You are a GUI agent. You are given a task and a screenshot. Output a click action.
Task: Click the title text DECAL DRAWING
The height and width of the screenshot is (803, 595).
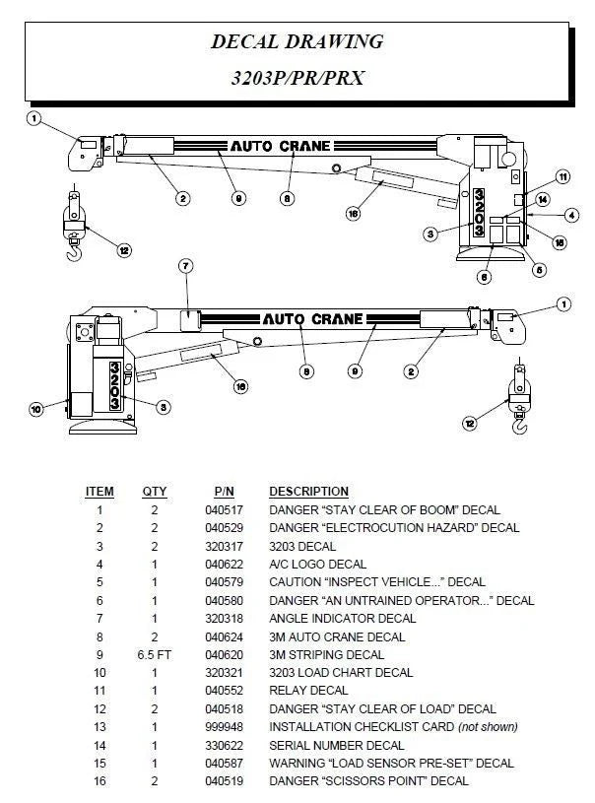click(x=297, y=41)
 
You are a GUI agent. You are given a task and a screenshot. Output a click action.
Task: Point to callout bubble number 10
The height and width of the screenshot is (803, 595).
click(x=36, y=408)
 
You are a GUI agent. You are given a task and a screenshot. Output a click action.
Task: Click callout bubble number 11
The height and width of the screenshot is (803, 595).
click(x=562, y=177)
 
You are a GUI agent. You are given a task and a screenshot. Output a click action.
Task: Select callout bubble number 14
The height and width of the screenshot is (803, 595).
click(x=543, y=199)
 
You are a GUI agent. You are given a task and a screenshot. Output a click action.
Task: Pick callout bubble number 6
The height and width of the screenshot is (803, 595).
click(x=484, y=277)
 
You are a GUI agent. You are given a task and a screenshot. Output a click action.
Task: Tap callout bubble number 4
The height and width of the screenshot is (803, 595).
click(x=572, y=215)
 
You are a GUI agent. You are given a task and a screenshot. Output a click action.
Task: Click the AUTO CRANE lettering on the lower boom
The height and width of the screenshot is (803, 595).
click(x=311, y=319)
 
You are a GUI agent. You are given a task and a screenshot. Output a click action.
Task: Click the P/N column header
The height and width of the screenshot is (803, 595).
click(x=223, y=491)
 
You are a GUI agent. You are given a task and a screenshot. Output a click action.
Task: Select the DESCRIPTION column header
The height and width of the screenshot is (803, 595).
click(x=308, y=491)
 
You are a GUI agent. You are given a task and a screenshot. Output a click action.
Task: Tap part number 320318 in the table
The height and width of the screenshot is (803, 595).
click(x=223, y=618)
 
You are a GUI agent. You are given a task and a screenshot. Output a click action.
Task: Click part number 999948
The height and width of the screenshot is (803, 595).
click(x=223, y=727)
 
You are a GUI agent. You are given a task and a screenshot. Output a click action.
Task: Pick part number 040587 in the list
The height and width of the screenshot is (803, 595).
click(x=223, y=764)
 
